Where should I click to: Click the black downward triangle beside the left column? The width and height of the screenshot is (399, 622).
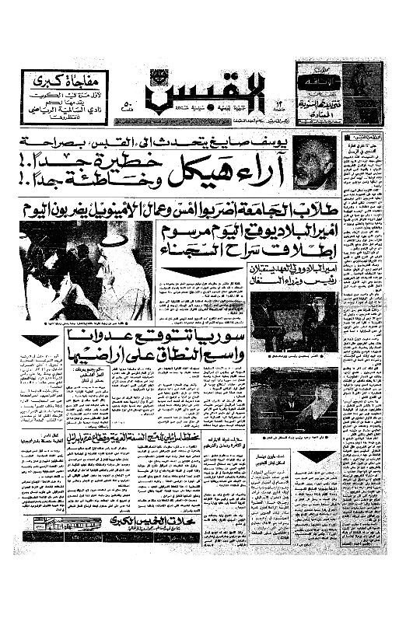coord(40,340)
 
